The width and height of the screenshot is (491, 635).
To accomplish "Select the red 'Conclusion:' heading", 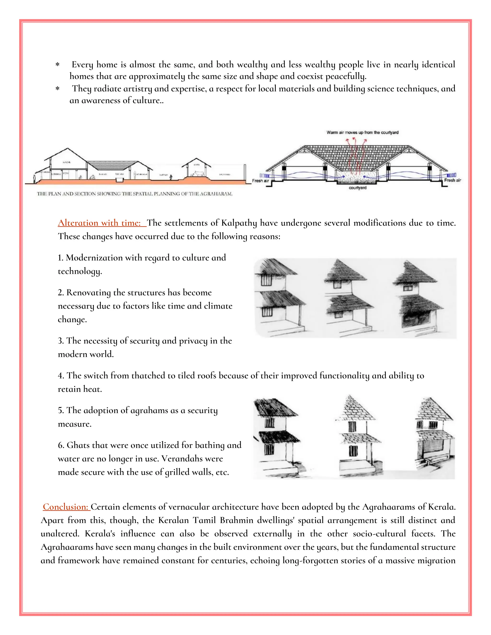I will pos(65,507).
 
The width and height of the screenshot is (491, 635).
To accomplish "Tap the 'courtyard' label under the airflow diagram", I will pos(357,188).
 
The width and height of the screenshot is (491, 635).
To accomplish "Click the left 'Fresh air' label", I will pos(260,181).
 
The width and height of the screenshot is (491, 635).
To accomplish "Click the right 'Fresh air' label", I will pos(452,180).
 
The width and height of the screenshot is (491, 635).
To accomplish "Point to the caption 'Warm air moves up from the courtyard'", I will pos(362,133).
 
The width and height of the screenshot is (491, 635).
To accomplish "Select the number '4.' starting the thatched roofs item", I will pos(61,376).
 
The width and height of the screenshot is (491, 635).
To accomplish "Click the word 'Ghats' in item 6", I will pos(77,445).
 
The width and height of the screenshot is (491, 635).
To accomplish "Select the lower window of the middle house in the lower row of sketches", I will pos(353,451).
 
